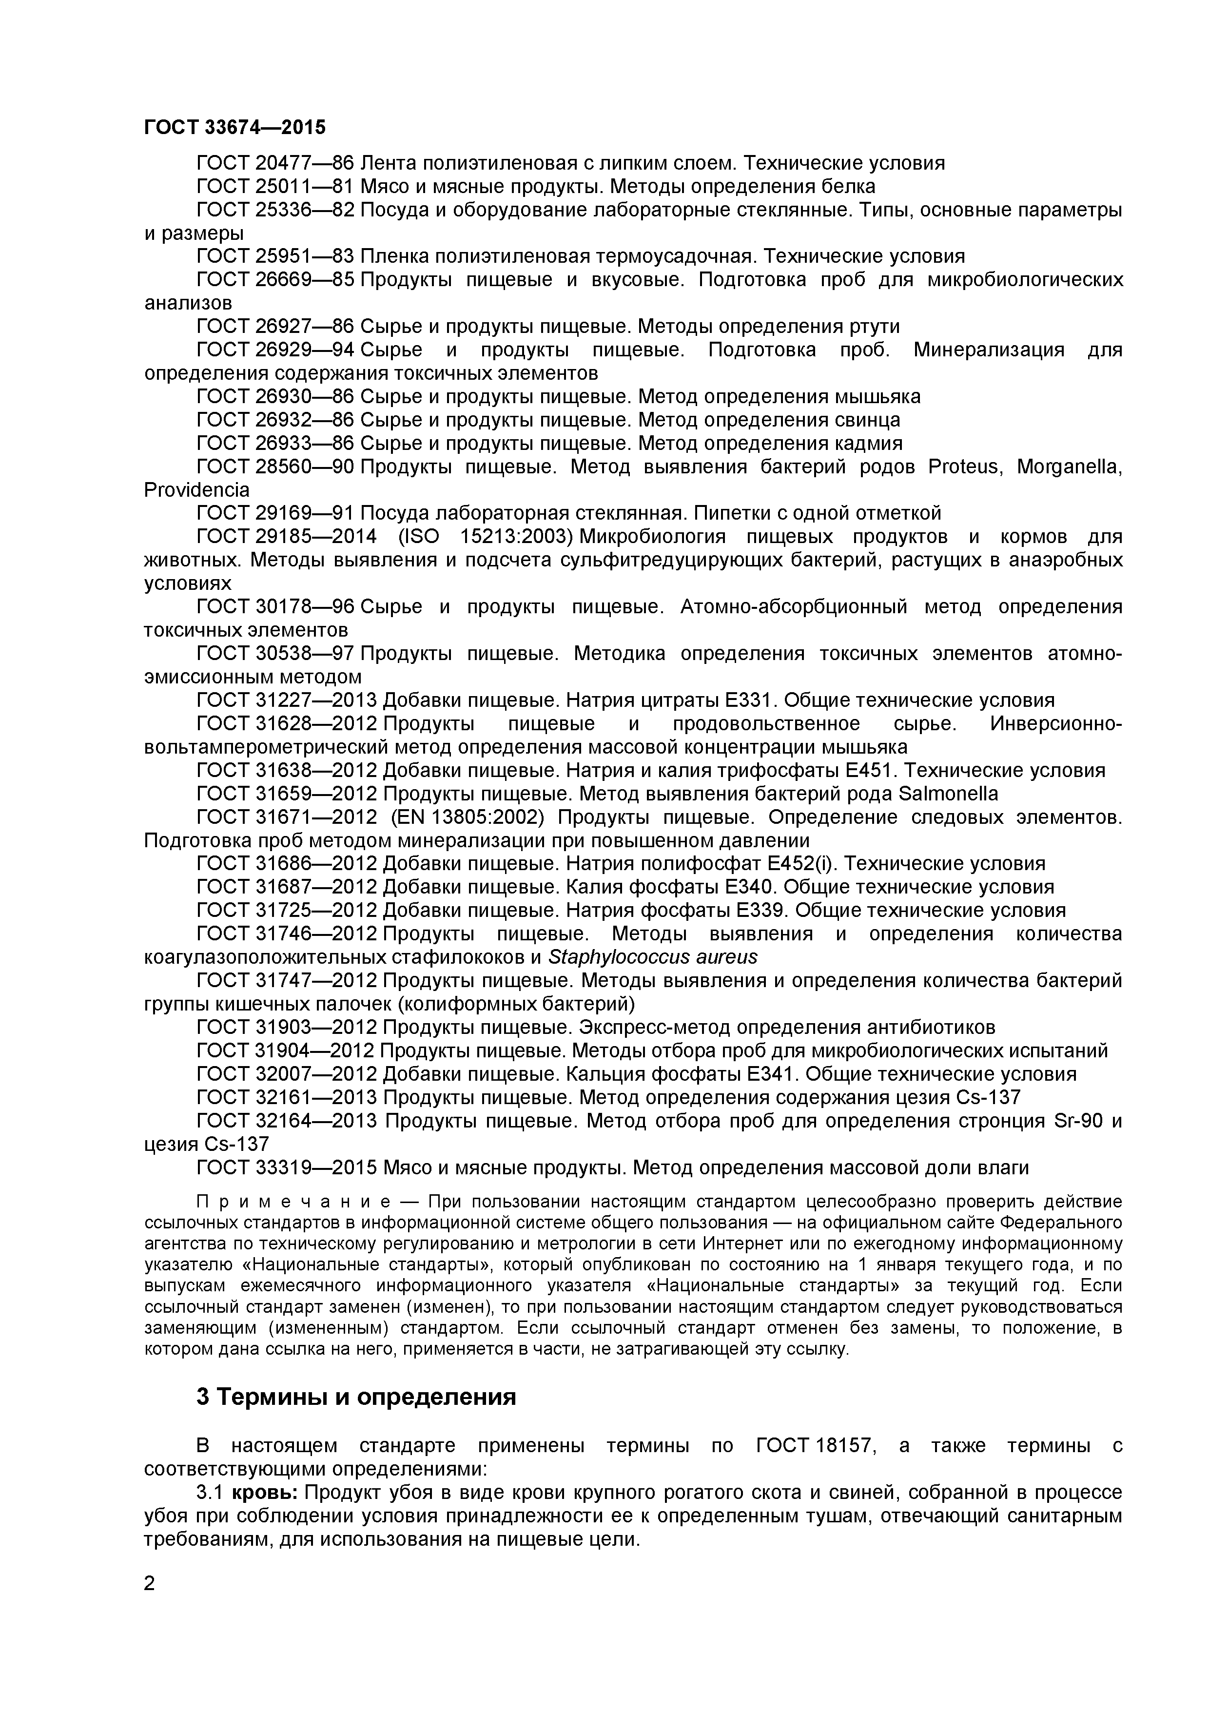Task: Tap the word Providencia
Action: (x=196, y=490)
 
